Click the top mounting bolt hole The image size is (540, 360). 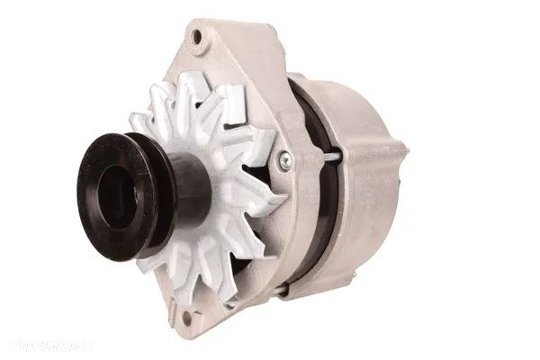[x=196, y=37]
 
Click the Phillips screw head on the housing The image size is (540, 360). [x=284, y=160]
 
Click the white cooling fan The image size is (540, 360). [x=225, y=180]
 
